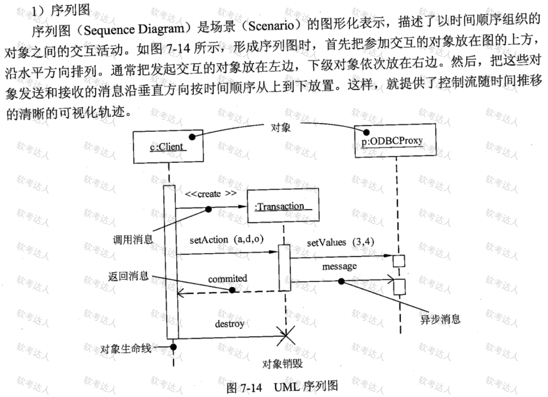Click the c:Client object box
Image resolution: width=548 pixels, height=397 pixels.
[168, 147]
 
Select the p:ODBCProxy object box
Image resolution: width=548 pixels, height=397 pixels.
[395, 140]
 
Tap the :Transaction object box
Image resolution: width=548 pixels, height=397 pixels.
[283, 206]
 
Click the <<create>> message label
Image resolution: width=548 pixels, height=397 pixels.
[211, 194]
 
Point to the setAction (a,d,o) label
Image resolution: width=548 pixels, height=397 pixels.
[226, 240]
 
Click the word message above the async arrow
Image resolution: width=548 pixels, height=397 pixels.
[339, 266]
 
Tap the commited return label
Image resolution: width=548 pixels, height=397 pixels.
[227, 279]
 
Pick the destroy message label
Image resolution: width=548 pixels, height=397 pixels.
[230, 324]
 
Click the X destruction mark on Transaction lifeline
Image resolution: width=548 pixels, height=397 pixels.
[286, 336]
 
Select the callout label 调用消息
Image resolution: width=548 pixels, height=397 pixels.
[133, 240]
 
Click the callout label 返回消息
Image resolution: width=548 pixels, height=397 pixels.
[129, 276]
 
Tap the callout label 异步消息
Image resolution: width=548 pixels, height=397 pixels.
[440, 319]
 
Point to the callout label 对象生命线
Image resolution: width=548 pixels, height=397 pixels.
[126, 349]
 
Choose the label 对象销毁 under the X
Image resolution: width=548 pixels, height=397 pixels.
[283, 364]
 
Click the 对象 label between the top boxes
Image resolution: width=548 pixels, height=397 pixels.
[280, 127]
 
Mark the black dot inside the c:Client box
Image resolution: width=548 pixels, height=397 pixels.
[192, 137]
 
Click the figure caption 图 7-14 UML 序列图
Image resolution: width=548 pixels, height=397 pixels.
[283, 387]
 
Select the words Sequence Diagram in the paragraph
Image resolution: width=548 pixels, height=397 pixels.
[134, 30]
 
